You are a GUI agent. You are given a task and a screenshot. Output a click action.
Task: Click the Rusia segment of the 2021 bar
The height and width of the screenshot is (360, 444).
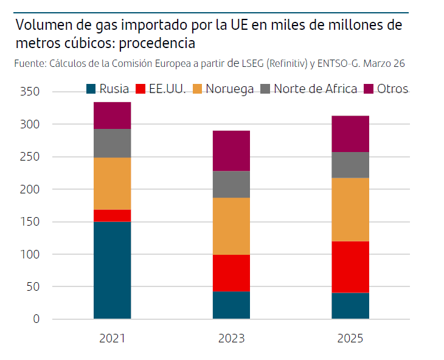tap(113, 270)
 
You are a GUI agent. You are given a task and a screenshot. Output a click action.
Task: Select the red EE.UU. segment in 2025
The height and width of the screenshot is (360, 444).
tap(351, 267)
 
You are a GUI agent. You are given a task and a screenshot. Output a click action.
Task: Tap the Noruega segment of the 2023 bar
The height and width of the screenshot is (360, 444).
tap(231, 226)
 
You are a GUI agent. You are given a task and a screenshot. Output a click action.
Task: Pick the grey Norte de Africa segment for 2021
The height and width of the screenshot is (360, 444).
tap(113, 143)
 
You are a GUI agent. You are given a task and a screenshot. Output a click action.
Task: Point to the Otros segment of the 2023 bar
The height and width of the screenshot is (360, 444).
tap(231, 151)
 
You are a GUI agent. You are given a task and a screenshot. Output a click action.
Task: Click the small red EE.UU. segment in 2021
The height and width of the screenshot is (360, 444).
tap(113, 215)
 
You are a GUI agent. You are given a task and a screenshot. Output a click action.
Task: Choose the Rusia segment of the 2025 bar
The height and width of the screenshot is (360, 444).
tap(351, 305)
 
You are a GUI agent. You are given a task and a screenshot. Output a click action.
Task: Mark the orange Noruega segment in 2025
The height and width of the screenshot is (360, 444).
tap(351, 209)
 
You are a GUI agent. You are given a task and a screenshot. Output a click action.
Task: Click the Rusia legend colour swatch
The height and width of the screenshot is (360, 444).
tap(91, 89)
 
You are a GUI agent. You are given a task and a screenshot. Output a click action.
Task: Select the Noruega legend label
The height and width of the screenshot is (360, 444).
tap(230, 89)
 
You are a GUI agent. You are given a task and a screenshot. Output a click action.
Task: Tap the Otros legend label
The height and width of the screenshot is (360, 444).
tap(392, 89)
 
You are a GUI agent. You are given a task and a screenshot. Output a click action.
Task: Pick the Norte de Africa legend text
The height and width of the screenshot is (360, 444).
tap(315, 89)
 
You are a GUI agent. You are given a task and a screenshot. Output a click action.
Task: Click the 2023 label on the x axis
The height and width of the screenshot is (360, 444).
tap(231, 338)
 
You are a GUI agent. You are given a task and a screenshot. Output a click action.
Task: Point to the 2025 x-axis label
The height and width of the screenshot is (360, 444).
tap(351, 338)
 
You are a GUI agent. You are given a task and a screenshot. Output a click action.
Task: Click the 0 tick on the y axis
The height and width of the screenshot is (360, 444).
tap(36, 319)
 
